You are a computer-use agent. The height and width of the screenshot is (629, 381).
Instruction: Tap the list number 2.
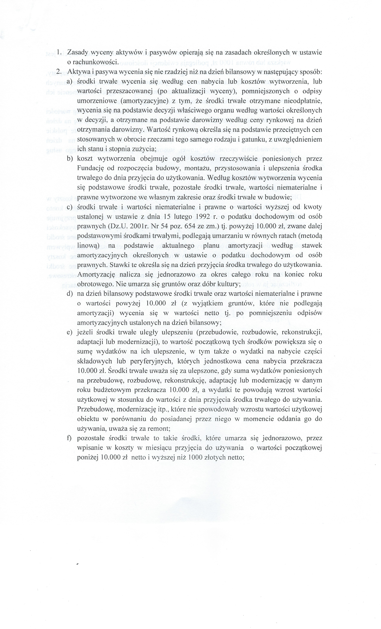pos(58,72)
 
